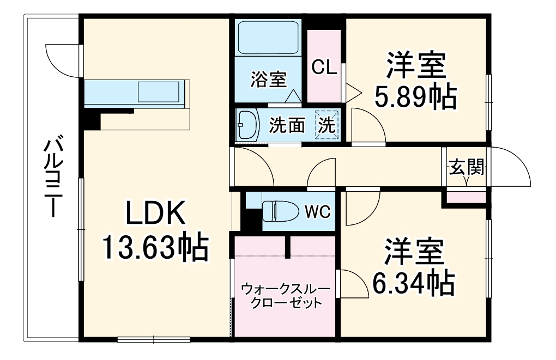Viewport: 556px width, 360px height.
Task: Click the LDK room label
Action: [x=156, y=214]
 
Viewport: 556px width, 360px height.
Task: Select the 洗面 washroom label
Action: [x=288, y=126]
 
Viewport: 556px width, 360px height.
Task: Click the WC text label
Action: [x=317, y=211]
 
